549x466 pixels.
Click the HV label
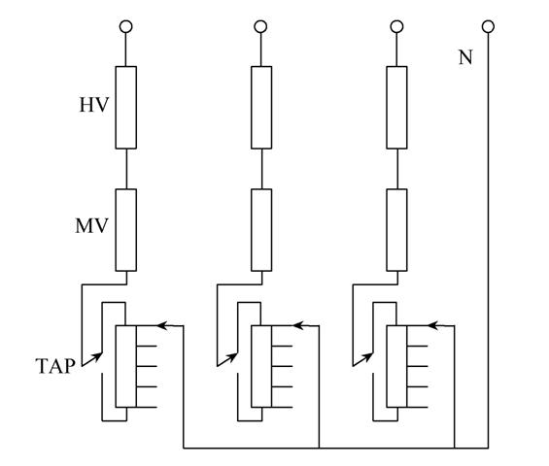coord(94,105)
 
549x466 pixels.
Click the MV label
coord(91,225)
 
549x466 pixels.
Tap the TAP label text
coord(55,366)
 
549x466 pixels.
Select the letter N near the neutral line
coord(465,57)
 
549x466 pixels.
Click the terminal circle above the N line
coord(488,26)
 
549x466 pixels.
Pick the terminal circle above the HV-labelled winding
coord(126,26)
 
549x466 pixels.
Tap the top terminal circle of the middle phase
coord(260,26)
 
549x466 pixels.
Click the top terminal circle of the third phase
coord(396,26)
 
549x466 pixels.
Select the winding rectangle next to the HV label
coord(126,108)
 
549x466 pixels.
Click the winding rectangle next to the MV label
coord(126,230)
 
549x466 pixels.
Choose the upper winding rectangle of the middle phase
coord(261,108)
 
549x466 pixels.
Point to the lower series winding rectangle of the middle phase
coord(261,230)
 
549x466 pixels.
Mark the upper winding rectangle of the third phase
coord(397,108)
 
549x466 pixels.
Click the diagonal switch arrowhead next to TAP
coord(98,356)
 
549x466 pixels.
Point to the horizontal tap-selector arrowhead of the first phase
coord(161,325)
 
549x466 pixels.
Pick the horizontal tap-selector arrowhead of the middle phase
coord(297,325)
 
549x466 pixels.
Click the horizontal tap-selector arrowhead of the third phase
coord(433,325)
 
